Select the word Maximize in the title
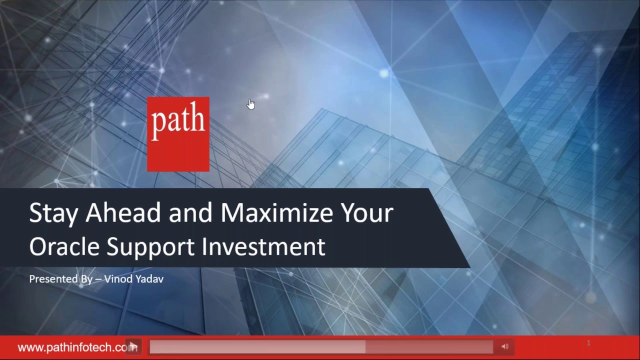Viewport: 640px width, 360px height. [x=277, y=212]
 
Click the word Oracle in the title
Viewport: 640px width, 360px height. [x=64, y=246]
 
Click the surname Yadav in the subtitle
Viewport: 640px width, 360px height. [x=148, y=278]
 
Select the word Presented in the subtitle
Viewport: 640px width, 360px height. [x=53, y=278]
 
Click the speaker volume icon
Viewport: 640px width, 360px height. [x=504, y=346]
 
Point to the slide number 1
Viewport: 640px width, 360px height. [x=588, y=343]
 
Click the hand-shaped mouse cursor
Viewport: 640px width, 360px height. [x=251, y=104]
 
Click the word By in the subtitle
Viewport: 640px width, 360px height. [x=86, y=278]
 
